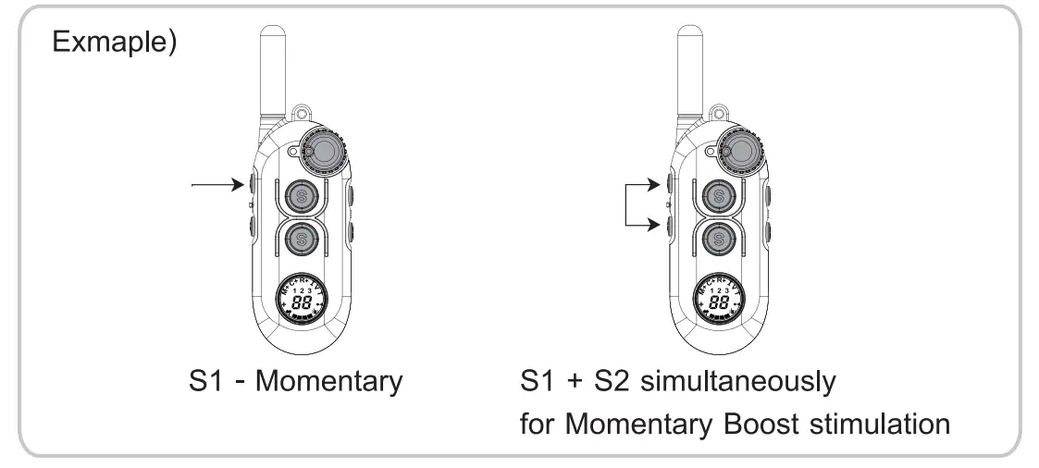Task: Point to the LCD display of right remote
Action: pyautogui.click(x=717, y=298)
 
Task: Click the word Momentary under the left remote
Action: pyautogui.click(x=328, y=380)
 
